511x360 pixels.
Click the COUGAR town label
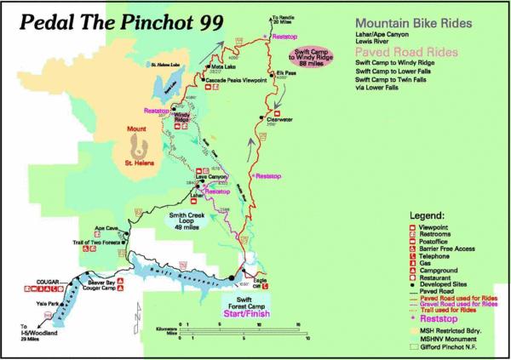click(x=25, y=281)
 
